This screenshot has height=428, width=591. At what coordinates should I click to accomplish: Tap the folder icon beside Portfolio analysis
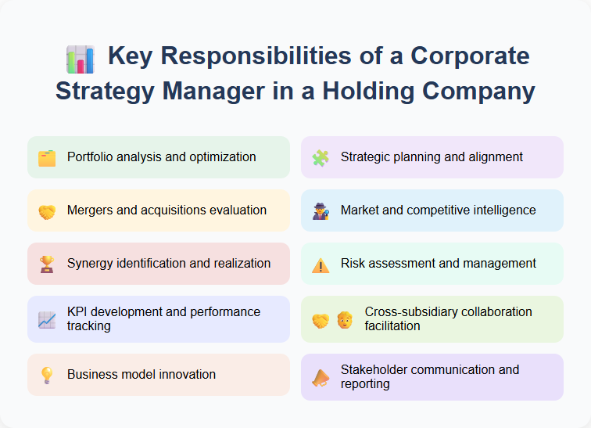tap(47, 157)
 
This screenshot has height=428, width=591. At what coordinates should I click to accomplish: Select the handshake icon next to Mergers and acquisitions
tap(47, 211)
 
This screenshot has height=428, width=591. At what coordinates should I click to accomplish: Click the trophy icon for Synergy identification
tap(47, 264)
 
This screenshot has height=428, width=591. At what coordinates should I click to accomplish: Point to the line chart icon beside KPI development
tap(47, 319)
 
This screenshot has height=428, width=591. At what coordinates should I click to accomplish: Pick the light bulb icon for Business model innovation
tap(47, 375)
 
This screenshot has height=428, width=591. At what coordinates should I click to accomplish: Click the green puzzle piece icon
tap(321, 157)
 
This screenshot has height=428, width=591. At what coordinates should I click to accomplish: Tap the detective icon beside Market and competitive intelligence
tap(321, 211)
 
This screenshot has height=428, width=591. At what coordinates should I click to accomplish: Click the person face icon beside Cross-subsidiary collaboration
tap(345, 319)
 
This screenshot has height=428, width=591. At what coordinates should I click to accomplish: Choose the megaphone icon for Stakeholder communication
tap(321, 377)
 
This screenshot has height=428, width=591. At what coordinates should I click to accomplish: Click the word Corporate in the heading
tap(470, 57)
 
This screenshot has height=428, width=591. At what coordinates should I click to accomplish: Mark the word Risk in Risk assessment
tap(354, 263)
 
